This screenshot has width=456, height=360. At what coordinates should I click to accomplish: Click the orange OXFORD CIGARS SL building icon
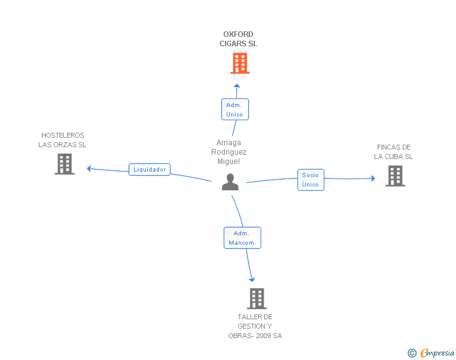[x=239, y=63]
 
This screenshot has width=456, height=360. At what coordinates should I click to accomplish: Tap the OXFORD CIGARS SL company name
[x=238, y=39]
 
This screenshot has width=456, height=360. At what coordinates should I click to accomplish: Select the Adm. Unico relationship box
[x=235, y=110]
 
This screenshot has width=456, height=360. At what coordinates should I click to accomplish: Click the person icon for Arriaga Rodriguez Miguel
[x=231, y=182]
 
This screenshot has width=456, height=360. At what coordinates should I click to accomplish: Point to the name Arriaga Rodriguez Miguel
[x=229, y=152]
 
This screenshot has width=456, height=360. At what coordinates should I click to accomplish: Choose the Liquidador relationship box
[x=150, y=170]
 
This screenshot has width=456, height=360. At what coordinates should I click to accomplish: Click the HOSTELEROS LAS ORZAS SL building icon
[x=65, y=164]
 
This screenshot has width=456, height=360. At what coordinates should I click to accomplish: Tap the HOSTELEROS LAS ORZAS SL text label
[x=63, y=140]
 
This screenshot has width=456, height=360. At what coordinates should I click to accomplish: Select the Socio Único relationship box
[x=310, y=180]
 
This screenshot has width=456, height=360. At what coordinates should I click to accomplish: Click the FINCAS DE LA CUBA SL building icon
[x=395, y=176]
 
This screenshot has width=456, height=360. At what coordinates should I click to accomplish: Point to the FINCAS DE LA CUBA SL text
[x=394, y=152]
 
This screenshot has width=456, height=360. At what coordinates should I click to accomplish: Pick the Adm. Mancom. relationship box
[x=242, y=238]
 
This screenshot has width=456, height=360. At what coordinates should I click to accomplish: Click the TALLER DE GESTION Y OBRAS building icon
[x=257, y=299]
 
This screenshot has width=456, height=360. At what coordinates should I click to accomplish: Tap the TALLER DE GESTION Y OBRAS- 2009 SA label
[x=255, y=326]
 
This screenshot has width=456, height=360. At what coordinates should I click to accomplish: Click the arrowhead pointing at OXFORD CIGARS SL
[x=236, y=86]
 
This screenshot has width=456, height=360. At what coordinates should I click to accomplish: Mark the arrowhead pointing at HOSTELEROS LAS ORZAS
[x=90, y=168]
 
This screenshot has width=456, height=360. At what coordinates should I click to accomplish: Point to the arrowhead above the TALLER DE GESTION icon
[x=252, y=279]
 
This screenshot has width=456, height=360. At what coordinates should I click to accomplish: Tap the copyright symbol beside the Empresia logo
[x=412, y=353]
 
